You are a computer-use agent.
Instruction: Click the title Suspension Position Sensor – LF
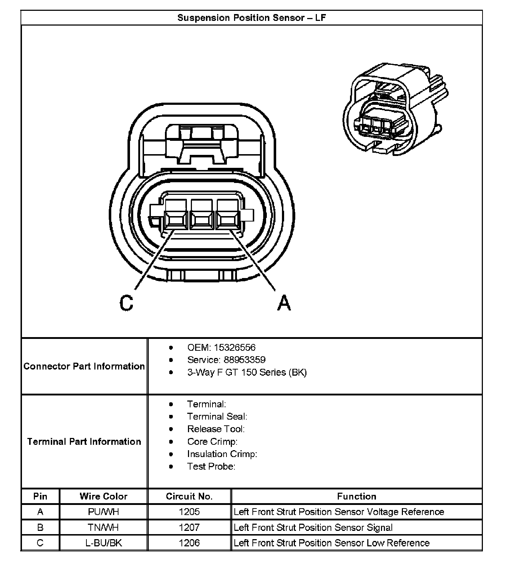(x=251, y=18)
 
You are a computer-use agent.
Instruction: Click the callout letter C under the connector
(x=126, y=303)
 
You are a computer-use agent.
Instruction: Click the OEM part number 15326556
(x=234, y=348)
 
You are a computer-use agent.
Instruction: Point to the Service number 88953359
(x=244, y=360)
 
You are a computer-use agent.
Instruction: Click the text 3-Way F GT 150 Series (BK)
(x=247, y=372)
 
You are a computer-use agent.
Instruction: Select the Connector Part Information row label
(x=84, y=366)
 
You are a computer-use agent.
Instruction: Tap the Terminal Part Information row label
(x=84, y=442)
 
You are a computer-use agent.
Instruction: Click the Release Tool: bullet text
(x=216, y=429)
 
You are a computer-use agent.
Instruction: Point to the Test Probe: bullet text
(x=211, y=466)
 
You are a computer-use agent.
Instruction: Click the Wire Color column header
(x=103, y=496)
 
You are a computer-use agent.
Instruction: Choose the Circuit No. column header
(x=189, y=496)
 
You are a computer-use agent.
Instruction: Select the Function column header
(x=356, y=496)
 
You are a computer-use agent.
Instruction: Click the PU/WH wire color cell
(x=103, y=512)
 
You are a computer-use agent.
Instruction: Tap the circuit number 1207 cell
(x=189, y=528)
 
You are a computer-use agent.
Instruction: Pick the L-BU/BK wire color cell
(x=103, y=543)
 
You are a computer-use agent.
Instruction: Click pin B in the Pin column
(x=40, y=528)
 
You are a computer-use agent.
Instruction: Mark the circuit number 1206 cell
(x=189, y=543)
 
